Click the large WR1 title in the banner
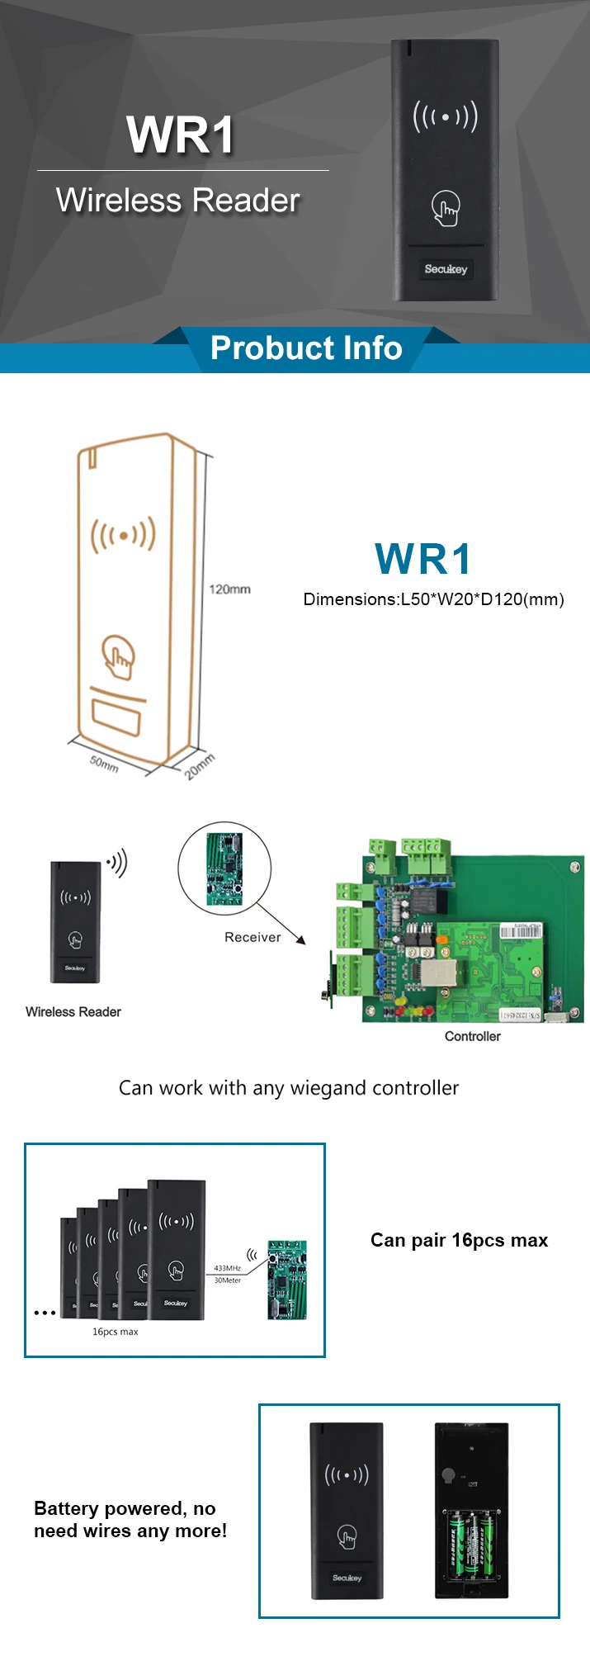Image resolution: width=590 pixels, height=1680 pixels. pyautogui.click(x=181, y=135)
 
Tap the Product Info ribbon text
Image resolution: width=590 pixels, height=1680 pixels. pyautogui.click(x=306, y=348)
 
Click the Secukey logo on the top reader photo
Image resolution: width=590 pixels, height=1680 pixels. pyautogui.click(x=446, y=269)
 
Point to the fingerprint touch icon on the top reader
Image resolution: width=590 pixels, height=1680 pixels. pyautogui.click(x=446, y=209)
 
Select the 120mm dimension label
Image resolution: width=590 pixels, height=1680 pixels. pyautogui.click(x=229, y=589)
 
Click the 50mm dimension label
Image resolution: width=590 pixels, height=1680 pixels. pyautogui.click(x=104, y=764)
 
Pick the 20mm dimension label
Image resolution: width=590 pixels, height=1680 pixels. pyautogui.click(x=199, y=766)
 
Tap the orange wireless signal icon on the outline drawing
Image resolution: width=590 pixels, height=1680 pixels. pyautogui.click(x=123, y=535)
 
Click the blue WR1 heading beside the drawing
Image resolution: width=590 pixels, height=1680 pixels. pyautogui.click(x=423, y=560)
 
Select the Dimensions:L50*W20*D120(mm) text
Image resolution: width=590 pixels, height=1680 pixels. pyautogui.click(x=433, y=599)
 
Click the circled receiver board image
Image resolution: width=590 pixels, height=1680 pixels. pyautogui.click(x=224, y=868)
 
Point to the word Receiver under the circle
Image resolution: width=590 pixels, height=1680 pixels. pyautogui.click(x=253, y=937)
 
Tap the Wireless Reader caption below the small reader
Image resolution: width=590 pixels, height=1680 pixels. pyautogui.click(x=73, y=1012)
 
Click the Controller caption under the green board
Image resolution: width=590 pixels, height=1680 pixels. pyautogui.click(x=472, y=1037)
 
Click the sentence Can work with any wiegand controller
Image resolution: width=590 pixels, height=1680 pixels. pyautogui.click(x=289, y=1088)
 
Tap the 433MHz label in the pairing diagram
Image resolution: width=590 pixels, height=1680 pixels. pyautogui.click(x=227, y=1268)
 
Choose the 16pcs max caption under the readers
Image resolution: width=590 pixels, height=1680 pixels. pyautogui.click(x=115, y=1332)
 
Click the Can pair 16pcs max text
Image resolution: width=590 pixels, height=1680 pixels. pyautogui.click(x=459, y=1240)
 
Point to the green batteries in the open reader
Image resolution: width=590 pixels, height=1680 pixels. pyautogui.click(x=471, y=1542)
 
